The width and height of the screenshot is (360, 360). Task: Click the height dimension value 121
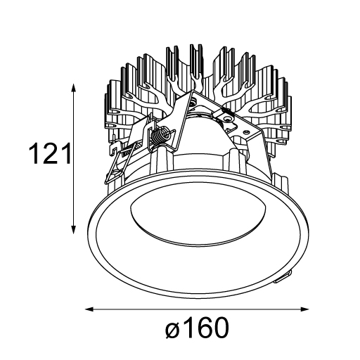[49, 153]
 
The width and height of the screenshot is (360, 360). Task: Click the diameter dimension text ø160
[197, 328]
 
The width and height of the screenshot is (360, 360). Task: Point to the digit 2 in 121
[50, 153]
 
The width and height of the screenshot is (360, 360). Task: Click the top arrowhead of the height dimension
[74, 88]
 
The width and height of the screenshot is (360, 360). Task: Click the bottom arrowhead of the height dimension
[74, 229]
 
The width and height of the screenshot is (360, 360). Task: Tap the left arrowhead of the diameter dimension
[89, 309]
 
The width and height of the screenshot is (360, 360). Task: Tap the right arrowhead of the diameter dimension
[304, 309]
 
